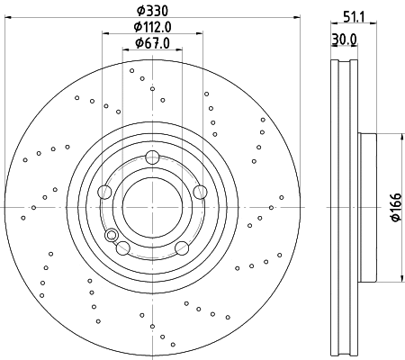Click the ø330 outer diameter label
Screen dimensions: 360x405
coord(152,10)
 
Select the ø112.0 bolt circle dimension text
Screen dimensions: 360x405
coord(152,27)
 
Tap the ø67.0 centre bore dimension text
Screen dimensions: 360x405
coord(152,43)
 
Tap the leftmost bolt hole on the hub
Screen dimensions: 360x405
coord(104,191)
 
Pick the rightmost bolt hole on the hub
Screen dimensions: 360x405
coord(200,191)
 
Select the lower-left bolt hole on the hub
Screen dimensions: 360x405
coord(123,247)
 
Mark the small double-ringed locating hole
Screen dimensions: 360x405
coord(112,236)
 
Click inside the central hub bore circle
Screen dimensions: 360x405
coord(152,207)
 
